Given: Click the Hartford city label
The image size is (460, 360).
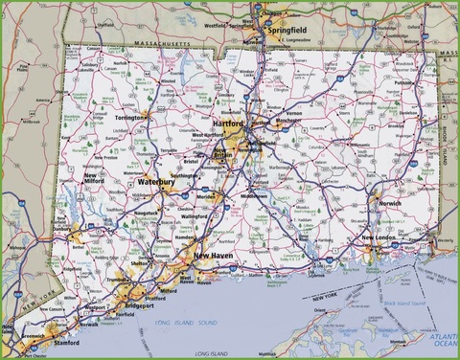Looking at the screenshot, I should pyautogui.click(x=229, y=124).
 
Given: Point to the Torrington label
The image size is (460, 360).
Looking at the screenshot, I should pyautogui.click(x=127, y=118).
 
